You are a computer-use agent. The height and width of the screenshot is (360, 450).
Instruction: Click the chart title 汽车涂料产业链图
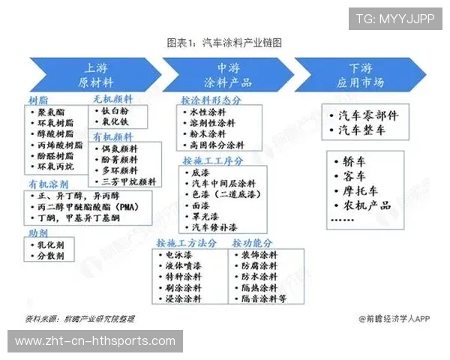tap(225, 43)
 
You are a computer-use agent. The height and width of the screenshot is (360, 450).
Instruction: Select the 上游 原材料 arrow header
tap(97, 73)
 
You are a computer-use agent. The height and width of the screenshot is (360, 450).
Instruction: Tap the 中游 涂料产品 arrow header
tap(225, 73)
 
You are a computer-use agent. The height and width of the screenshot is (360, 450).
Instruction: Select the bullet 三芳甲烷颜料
tap(127, 181)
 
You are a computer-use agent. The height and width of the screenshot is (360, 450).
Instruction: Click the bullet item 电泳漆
tap(179, 255)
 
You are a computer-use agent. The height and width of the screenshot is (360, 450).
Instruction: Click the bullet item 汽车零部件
tap(367, 116)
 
